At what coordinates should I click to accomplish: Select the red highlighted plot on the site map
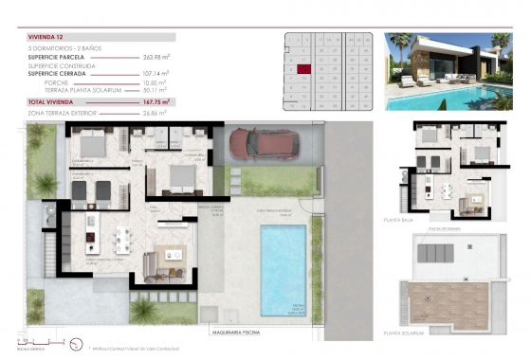pos(303,68)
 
